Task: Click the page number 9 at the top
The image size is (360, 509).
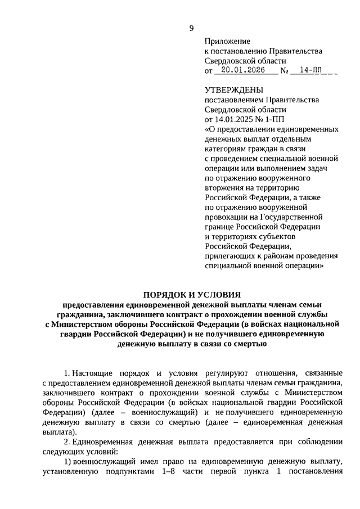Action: (x=191, y=29)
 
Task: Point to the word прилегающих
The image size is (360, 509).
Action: (x=231, y=255)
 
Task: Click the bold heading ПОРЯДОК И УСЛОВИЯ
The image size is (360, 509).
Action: (x=191, y=294)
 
